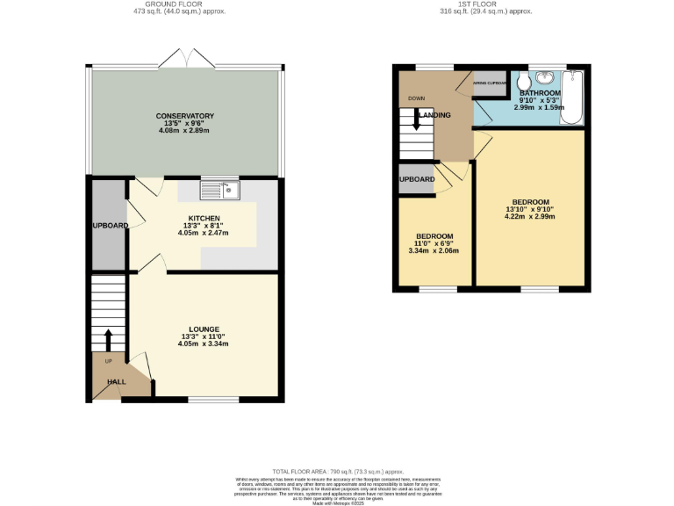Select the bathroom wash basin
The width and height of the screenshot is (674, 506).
[x=546, y=77]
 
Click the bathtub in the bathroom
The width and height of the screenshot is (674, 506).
[x=574, y=97]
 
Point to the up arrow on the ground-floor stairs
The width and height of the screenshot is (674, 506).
[x=108, y=338]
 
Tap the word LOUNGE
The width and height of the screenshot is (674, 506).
[x=204, y=329]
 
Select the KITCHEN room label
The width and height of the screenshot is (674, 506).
[x=204, y=219]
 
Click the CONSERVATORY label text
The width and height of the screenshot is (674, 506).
[x=185, y=116]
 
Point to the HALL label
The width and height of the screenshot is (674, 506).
[x=117, y=382]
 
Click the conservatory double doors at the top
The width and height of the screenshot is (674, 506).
[x=186, y=59]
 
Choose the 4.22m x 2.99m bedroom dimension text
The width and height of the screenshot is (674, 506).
[x=529, y=217]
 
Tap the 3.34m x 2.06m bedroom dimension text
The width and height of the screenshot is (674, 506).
[x=434, y=250]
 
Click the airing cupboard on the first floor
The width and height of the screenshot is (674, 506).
[x=490, y=83]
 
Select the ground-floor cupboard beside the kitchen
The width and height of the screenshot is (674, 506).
[x=107, y=225]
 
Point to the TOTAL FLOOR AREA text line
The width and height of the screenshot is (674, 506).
[x=336, y=472]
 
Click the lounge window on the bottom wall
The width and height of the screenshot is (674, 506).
[x=213, y=401]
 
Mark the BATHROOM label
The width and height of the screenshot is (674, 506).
[x=539, y=93]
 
